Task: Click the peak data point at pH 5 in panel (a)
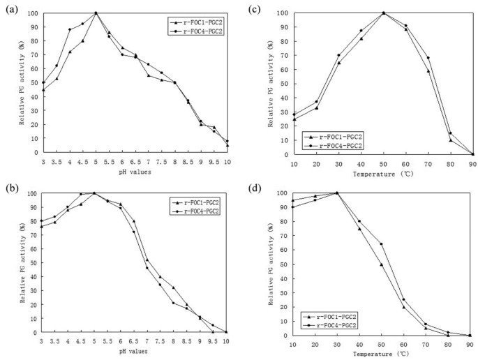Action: point(96,13)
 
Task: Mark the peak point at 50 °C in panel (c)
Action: point(383,13)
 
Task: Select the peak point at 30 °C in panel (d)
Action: point(338,193)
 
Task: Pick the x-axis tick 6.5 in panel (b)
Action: point(134,341)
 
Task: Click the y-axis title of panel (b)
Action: point(24,260)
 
